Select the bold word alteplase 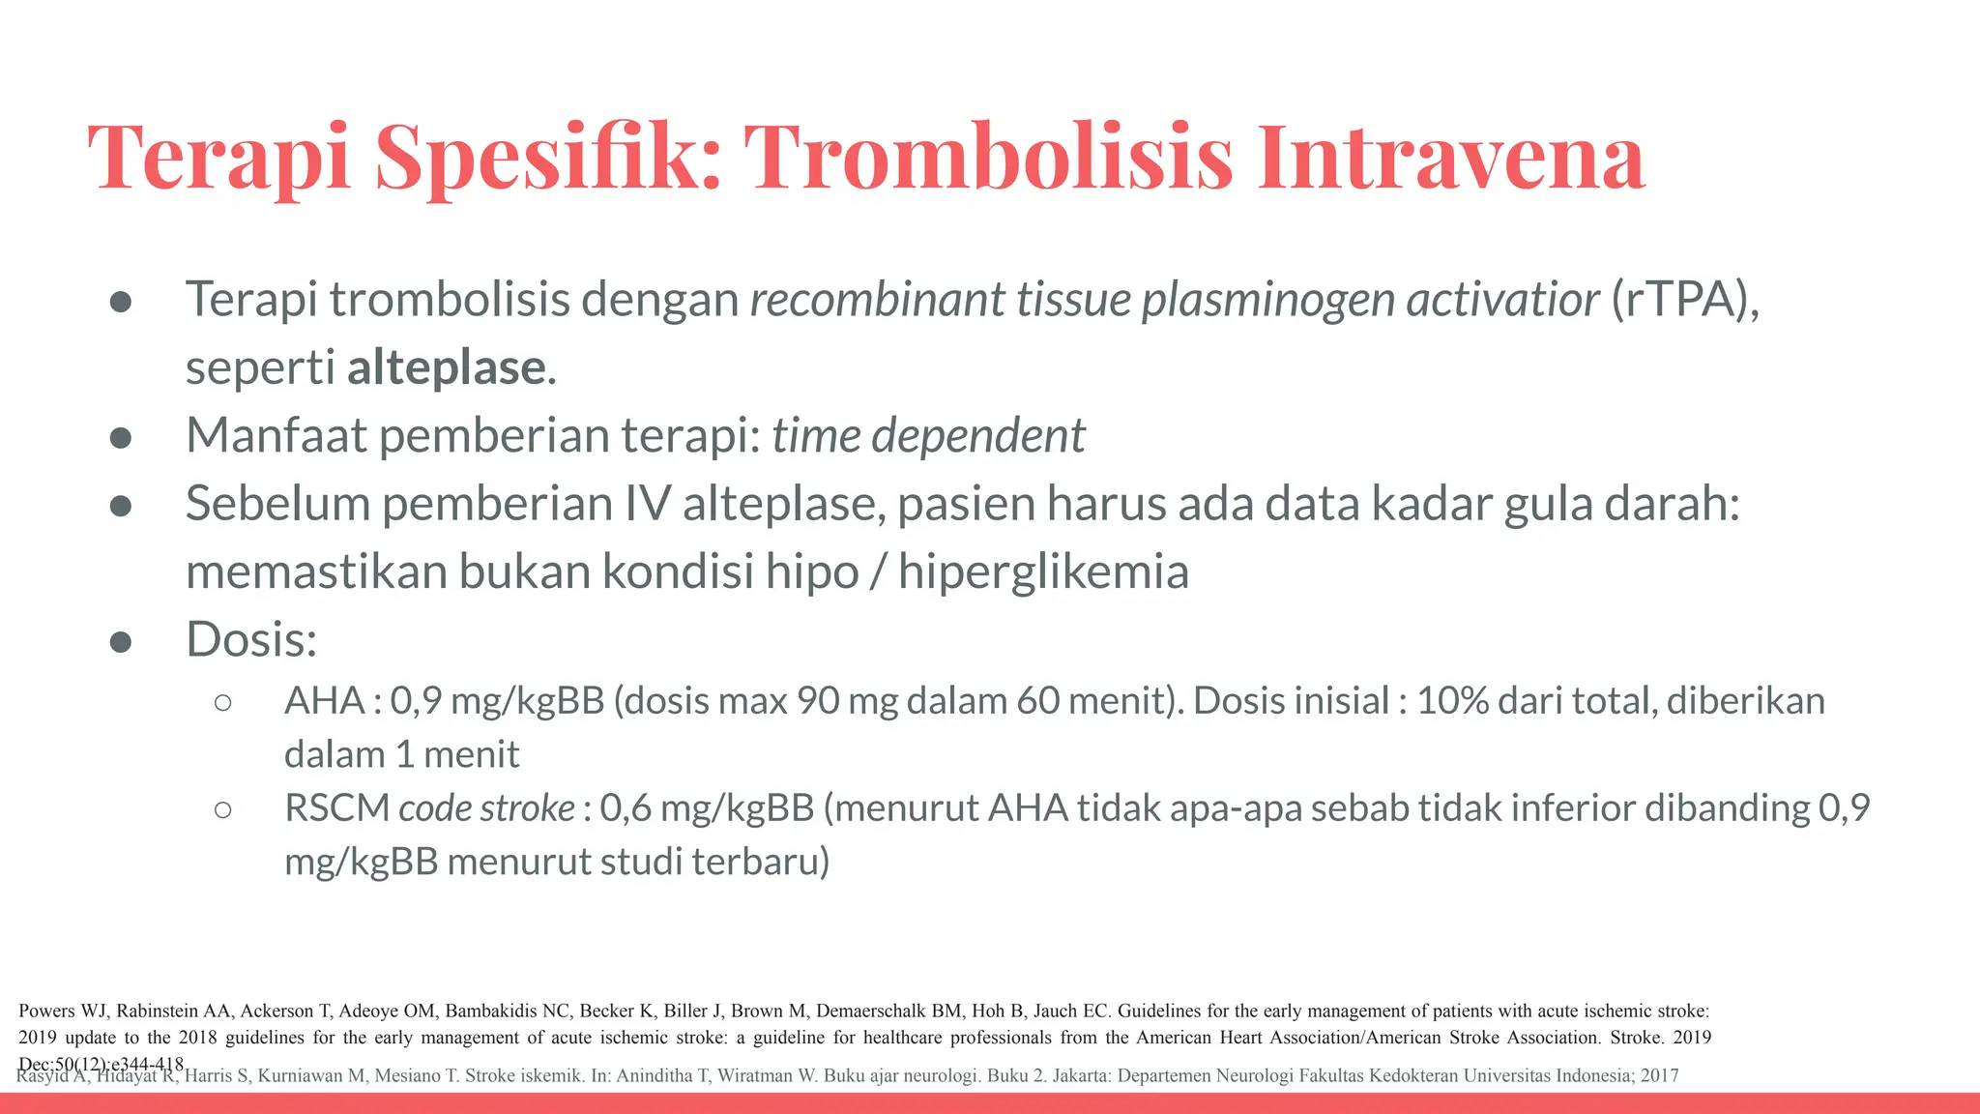click(x=447, y=367)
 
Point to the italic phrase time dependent click(x=928, y=435)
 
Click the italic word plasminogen click(x=1268, y=299)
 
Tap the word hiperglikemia click(x=1043, y=572)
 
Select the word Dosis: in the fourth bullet click(x=251, y=639)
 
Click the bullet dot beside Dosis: click(x=121, y=642)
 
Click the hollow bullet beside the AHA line click(x=222, y=703)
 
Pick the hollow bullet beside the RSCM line click(x=222, y=810)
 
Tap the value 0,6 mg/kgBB click(x=707, y=807)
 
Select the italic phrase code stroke click(x=486, y=807)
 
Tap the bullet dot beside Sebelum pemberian click(x=121, y=506)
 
